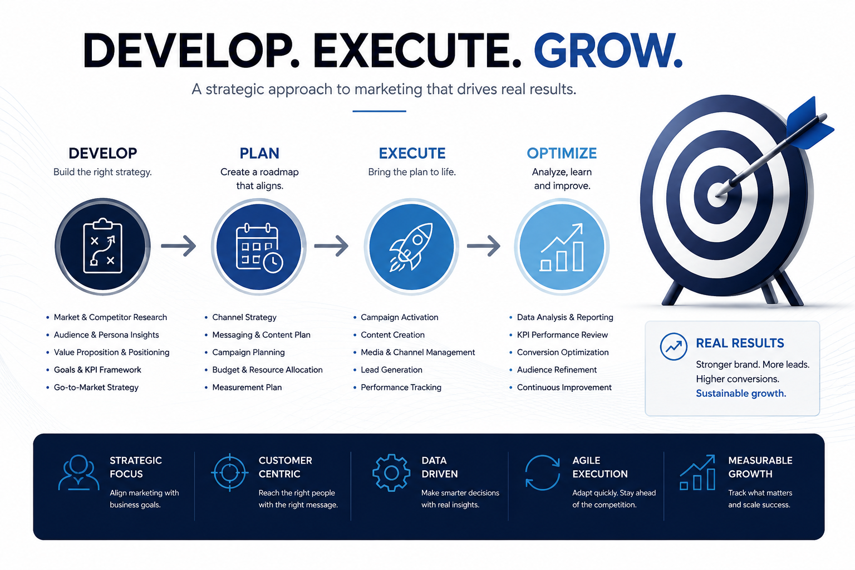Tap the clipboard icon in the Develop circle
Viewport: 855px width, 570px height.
(x=102, y=245)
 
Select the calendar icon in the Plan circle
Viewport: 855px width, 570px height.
(x=259, y=248)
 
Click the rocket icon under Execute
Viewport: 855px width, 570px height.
(x=411, y=247)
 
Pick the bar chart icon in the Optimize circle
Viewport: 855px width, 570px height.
(x=562, y=247)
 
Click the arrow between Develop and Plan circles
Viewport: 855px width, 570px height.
(x=179, y=245)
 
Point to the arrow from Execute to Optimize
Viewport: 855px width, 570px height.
(x=484, y=245)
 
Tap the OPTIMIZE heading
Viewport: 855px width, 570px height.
(x=562, y=153)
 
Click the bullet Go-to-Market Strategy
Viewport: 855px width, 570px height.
(x=96, y=387)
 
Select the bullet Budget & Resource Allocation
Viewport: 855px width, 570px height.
(x=267, y=370)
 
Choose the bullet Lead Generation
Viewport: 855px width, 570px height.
(x=391, y=370)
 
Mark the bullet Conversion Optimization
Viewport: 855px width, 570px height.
(x=563, y=352)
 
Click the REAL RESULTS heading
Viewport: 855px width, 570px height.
(x=740, y=343)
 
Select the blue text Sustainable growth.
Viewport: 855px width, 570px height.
(x=741, y=393)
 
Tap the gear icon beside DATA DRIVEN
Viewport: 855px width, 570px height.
(x=391, y=472)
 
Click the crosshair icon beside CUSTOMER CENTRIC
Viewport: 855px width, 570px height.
(x=229, y=472)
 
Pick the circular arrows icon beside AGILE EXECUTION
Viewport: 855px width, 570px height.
(x=542, y=473)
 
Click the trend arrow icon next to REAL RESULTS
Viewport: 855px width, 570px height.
(x=674, y=347)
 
